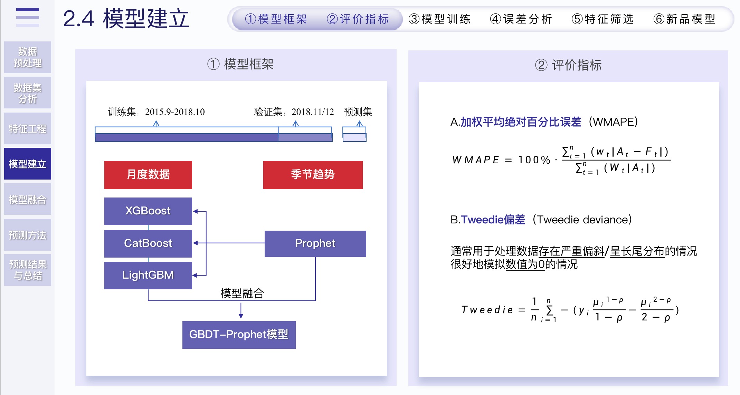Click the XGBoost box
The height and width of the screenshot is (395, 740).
tap(148, 211)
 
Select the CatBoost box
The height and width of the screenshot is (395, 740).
tap(148, 243)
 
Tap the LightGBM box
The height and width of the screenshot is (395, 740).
tap(148, 275)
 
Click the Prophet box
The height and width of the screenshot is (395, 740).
tap(315, 243)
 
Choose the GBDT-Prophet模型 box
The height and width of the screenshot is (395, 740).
tap(239, 335)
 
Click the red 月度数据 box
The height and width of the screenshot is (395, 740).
tap(148, 175)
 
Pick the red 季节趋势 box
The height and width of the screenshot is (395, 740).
tap(313, 175)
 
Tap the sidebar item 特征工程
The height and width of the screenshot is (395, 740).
tap(28, 129)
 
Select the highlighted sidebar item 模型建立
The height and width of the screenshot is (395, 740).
tap(28, 164)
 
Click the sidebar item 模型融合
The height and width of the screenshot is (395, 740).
tap(28, 199)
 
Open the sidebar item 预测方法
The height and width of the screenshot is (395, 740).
tap(28, 235)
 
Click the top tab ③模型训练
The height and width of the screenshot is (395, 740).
tap(439, 19)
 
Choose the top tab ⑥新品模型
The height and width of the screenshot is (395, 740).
tap(684, 19)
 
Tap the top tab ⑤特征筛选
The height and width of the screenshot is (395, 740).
tap(603, 19)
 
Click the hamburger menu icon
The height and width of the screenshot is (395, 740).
tap(28, 17)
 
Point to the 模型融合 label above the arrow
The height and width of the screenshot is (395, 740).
tap(242, 293)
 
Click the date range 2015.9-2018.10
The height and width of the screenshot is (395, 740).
tap(175, 112)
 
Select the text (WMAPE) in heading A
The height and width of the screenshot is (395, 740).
tap(613, 122)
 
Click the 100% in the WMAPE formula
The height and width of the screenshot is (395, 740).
tap(534, 160)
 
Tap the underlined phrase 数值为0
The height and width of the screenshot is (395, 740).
tap(525, 264)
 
